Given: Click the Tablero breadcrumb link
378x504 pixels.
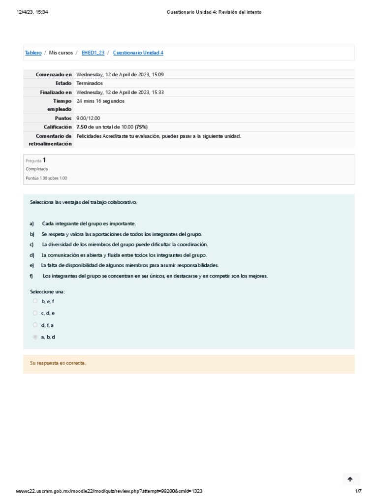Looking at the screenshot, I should click(33, 53).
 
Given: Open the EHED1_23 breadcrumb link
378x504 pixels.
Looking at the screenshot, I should click(93, 53).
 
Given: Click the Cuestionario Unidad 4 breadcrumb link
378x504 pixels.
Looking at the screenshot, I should click(138, 53).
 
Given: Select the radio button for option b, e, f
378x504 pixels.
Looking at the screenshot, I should click(35, 301).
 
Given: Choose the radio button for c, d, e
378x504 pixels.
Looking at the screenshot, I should click(35, 313).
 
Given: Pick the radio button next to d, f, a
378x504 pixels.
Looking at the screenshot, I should click(35, 325).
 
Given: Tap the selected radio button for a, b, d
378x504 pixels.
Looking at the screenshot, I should click(35, 337).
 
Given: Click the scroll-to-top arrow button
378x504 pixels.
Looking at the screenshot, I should click(350, 479).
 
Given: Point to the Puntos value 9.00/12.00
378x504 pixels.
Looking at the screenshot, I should click(88, 119).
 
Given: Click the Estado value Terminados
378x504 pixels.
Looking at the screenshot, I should click(90, 83).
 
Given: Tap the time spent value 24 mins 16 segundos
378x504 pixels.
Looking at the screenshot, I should click(100, 101).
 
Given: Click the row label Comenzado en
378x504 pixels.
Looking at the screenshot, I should click(54, 74).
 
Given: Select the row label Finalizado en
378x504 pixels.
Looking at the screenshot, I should click(56, 92).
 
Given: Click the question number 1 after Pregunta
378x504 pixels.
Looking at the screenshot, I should click(44, 160).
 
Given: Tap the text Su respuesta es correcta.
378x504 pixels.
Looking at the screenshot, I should click(58, 363).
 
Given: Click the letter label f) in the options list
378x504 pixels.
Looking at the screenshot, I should click(32, 276).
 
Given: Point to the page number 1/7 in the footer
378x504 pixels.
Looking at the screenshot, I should click(358, 491).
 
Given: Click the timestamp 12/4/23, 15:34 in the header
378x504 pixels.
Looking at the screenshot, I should click(32, 12).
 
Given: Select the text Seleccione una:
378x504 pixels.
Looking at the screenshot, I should click(47, 292).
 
